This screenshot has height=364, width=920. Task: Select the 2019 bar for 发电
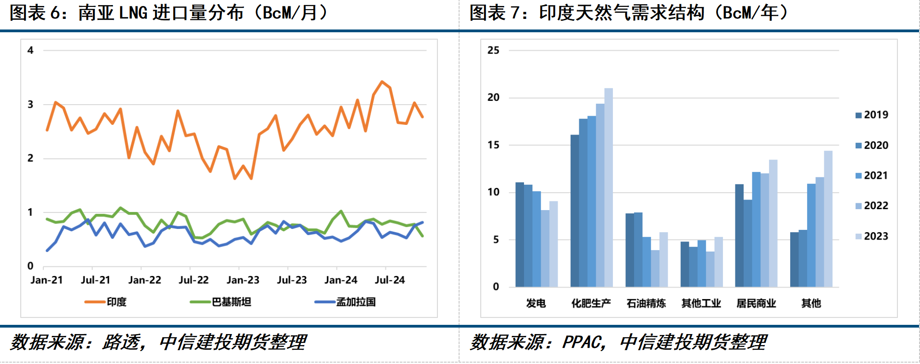519,235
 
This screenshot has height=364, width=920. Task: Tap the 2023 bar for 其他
828,219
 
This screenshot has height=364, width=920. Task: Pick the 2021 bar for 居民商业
756,229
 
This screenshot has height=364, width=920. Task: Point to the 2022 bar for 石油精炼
655,269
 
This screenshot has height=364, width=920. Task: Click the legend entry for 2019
871,115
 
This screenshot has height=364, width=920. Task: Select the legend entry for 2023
871,236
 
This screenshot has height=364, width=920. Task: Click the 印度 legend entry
106,302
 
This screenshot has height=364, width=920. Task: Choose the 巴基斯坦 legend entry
221,302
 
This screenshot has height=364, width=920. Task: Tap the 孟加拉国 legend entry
345,302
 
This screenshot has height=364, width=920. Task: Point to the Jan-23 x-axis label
243,280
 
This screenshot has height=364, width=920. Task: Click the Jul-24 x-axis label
390,280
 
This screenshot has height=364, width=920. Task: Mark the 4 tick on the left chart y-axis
30,50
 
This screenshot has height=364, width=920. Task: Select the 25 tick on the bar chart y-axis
493,50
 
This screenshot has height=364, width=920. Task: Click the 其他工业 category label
701,303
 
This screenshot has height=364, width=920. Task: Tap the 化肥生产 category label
591,303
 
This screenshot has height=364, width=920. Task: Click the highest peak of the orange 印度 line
382,82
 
